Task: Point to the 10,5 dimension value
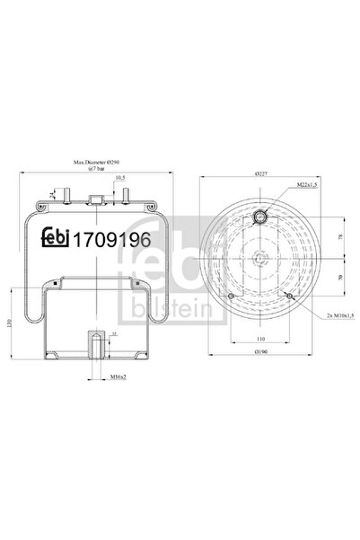point(118,177)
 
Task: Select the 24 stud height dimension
point(57,192)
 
